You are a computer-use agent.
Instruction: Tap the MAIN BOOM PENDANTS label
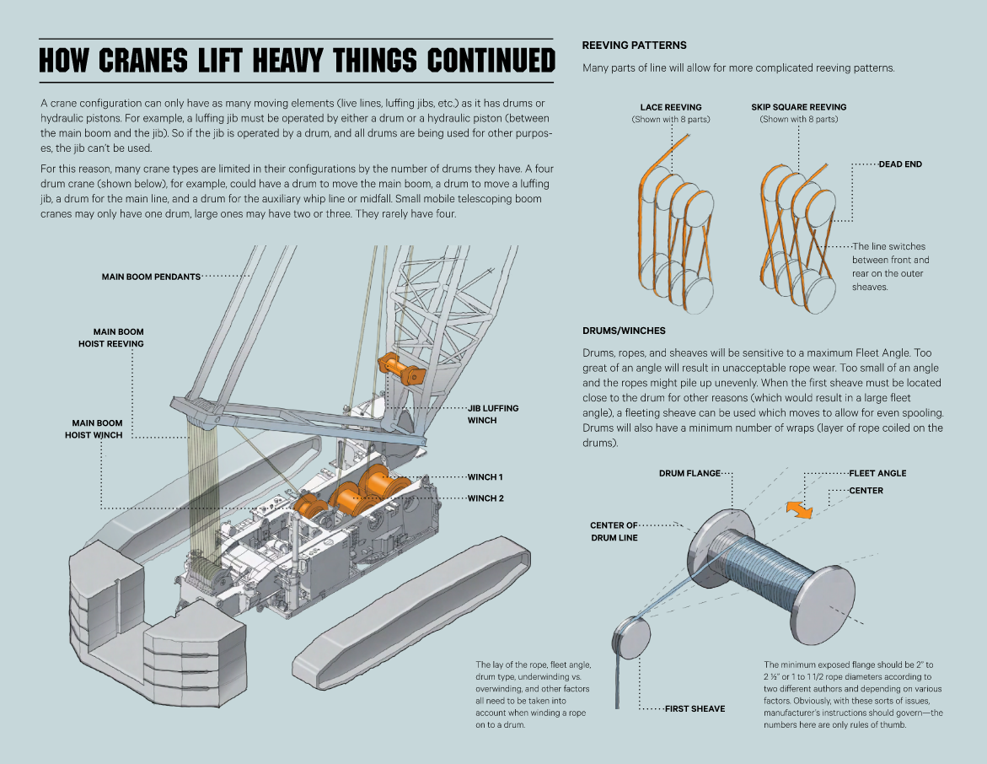point(151,277)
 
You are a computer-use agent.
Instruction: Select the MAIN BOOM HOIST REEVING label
point(105,338)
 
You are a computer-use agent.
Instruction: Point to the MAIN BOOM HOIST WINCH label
point(94,429)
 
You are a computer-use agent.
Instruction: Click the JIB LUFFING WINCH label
point(493,414)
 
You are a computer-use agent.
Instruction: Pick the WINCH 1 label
point(485,477)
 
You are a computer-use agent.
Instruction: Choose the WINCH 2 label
point(485,498)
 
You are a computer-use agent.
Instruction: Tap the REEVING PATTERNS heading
point(634,46)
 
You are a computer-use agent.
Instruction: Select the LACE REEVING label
point(670,108)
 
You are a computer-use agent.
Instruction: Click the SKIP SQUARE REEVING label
point(798,108)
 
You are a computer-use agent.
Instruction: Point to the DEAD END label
point(900,164)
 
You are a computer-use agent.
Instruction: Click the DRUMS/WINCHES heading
point(624,331)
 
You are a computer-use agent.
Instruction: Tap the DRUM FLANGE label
point(689,474)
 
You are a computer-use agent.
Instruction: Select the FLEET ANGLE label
point(877,474)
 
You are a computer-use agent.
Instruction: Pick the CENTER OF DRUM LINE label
point(614,531)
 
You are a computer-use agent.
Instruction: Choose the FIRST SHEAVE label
point(695,708)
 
